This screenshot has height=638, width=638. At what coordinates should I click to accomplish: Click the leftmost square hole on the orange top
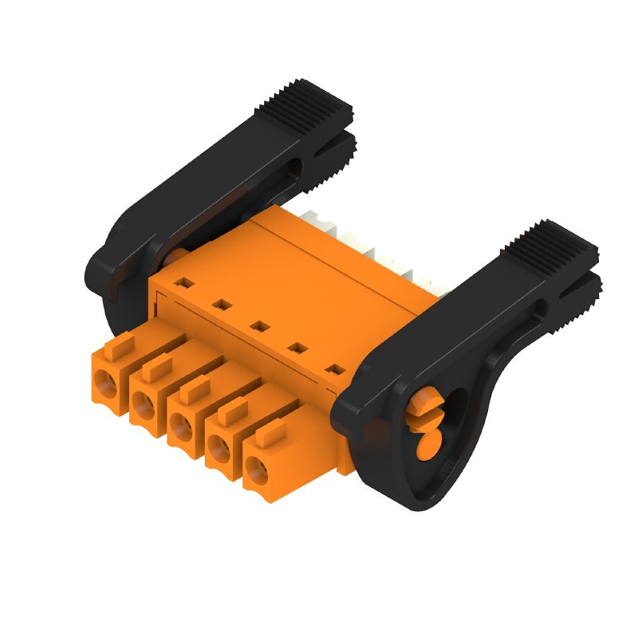pos(183,282)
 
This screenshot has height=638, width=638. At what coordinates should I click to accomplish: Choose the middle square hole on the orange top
pos(258,325)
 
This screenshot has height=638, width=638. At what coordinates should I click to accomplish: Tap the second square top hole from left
pos(220,303)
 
